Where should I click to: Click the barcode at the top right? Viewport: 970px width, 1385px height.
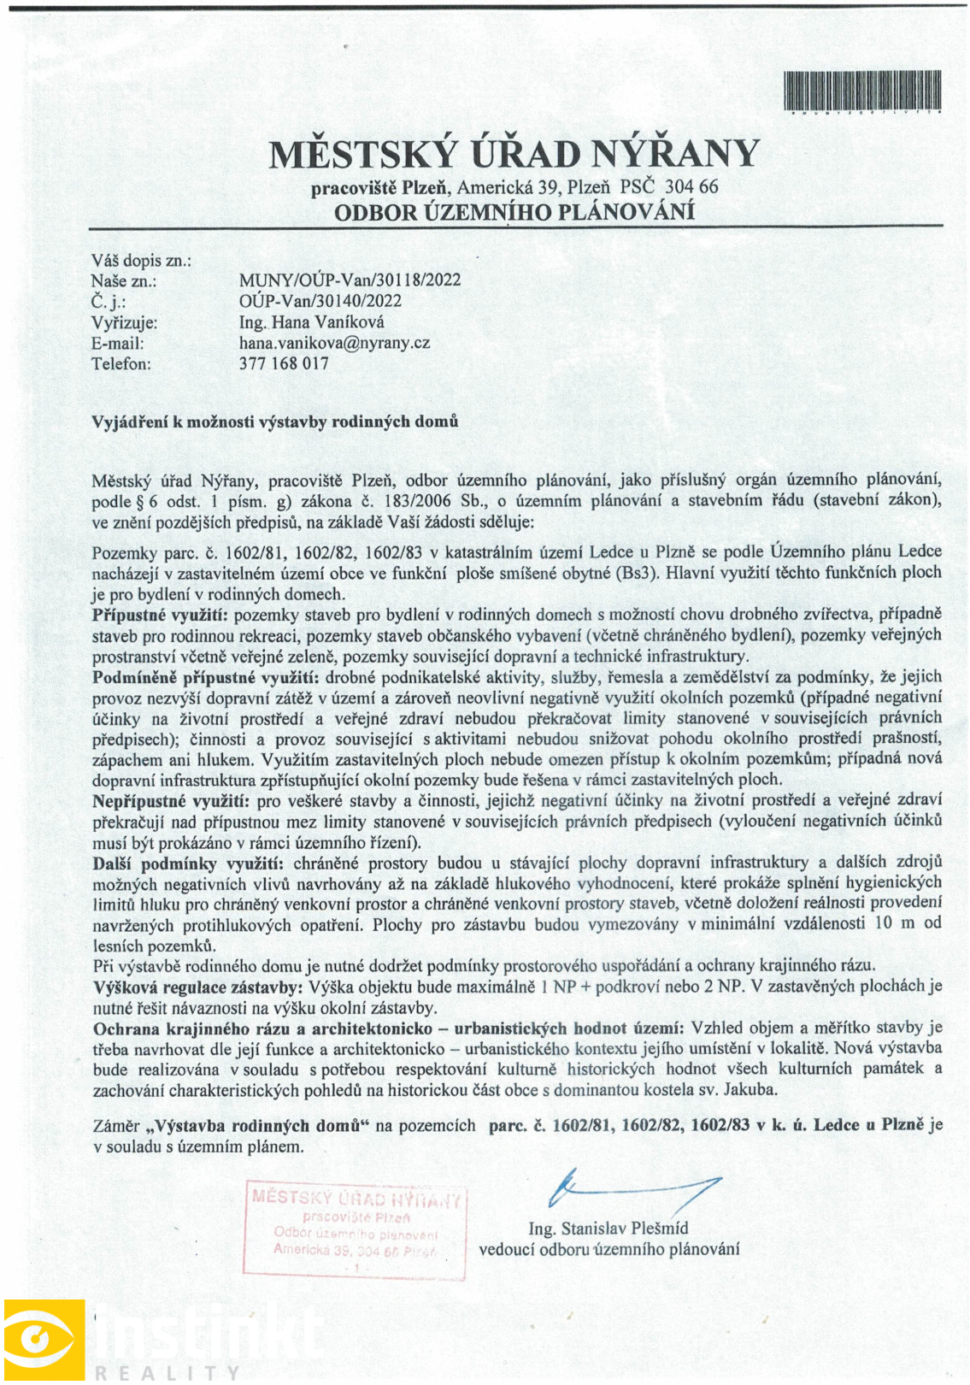tap(862, 91)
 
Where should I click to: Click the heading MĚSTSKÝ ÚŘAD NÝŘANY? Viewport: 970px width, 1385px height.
tap(514, 154)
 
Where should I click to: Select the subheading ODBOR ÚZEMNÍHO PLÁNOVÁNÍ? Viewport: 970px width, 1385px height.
tap(514, 212)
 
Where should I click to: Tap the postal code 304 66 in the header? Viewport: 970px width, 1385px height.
tap(691, 187)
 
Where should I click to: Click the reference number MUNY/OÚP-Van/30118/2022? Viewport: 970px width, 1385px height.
tap(350, 280)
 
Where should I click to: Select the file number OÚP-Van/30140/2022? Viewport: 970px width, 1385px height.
tap(320, 301)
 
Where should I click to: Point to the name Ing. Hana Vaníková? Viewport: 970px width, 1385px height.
tap(311, 322)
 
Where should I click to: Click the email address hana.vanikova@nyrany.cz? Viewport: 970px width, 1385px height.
tap(334, 343)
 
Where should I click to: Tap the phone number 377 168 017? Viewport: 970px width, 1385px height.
tap(284, 363)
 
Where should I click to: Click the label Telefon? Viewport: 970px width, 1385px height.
tap(121, 363)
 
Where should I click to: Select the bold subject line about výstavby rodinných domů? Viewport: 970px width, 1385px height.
tap(275, 421)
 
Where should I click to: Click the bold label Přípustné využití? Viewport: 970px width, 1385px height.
tap(160, 615)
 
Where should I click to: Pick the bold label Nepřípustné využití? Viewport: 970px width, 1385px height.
tap(171, 800)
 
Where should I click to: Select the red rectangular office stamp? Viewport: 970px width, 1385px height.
tap(356, 1229)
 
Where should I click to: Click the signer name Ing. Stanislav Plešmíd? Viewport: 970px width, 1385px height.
tap(608, 1229)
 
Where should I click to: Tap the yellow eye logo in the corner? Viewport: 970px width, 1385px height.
tap(44, 1339)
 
